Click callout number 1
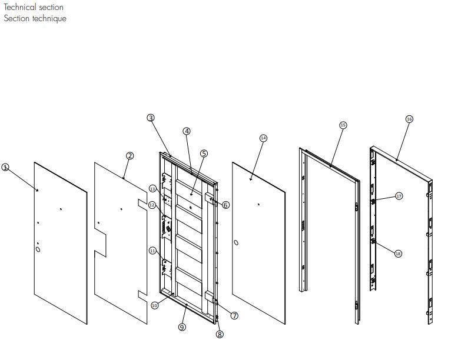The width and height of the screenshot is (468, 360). (6, 167)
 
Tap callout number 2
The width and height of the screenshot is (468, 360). (130, 155)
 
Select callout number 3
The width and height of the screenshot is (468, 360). (151, 118)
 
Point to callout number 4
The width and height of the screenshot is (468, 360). (187, 131)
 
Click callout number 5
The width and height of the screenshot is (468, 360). (204, 153)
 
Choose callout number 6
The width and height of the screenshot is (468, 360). (226, 205)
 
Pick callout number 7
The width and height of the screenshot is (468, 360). (234, 315)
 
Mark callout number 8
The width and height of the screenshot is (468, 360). (220, 334)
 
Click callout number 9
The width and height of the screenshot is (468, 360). (182, 326)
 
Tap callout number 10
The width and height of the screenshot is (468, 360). (155, 305)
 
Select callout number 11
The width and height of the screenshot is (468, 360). (152, 251)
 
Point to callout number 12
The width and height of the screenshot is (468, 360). (152, 205)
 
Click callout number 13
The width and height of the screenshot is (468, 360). (152, 189)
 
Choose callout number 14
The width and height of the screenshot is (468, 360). (263, 138)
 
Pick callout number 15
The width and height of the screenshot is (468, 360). (343, 125)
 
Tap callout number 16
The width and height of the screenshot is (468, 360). (410, 119)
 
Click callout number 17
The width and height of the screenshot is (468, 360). (399, 196)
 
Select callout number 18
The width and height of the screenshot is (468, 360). (398, 254)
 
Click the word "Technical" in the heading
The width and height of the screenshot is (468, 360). (19, 8)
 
